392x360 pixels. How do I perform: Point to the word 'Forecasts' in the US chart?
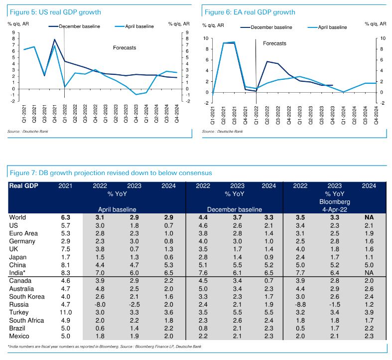[x=125, y=48]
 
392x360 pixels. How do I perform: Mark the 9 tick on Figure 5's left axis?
[x=13, y=33]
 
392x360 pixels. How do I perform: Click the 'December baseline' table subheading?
[x=234, y=210]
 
